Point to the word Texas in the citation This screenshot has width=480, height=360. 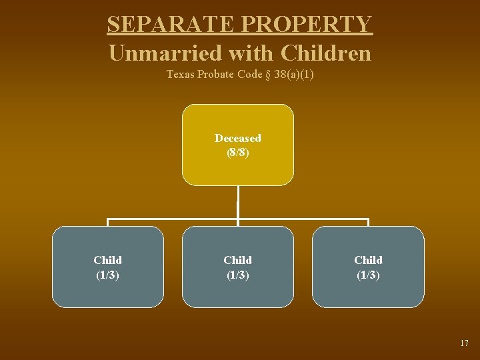point(180,75)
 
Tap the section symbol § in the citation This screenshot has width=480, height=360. point(267,75)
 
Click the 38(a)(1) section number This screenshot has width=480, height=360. point(293,75)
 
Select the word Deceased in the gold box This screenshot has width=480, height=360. point(238,138)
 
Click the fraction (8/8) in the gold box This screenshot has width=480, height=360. point(238,152)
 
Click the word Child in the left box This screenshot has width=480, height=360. point(108,260)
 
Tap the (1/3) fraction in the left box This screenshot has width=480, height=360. point(108,274)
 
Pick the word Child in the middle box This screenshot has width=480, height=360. point(238,260)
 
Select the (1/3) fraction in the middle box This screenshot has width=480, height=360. point(238,274)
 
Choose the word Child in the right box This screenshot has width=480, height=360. point(368,260)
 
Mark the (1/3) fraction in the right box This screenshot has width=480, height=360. point(368,274)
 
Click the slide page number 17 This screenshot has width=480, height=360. point(464,343)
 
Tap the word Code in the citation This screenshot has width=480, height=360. point(248,75)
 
